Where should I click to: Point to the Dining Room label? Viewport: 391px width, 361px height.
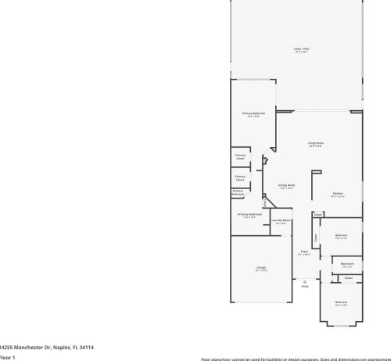coord(285,186)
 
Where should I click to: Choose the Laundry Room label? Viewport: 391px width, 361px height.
coord(281,221)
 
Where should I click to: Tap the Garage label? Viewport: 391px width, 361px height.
coord(261,268)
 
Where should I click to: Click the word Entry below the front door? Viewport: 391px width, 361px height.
coord(305,287)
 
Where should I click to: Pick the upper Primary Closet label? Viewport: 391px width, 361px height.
coord(240,156)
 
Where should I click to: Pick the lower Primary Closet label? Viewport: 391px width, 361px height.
coord(240,177)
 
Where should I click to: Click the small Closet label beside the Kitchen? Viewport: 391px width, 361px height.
coord(317,214)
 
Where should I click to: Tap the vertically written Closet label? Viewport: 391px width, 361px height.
coord(316,237)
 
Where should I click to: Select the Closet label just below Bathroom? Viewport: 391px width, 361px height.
coord(348,277)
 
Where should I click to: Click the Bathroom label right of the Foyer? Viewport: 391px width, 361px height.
coord(347,264)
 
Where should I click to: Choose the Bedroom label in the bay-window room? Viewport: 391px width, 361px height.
coord(341,302)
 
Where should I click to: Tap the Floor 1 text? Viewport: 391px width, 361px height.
coord(7,356)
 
